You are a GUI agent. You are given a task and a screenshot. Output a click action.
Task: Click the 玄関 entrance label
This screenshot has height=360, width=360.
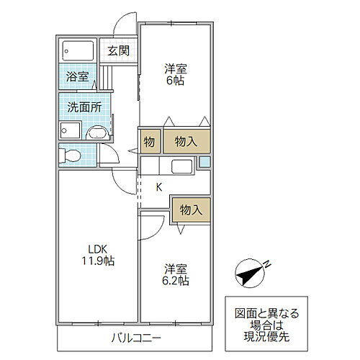pos(118,50)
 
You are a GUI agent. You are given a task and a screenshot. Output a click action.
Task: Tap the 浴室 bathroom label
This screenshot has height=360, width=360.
pos(77,76)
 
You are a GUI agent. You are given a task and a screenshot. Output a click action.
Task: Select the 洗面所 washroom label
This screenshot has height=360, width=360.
pos(84,107)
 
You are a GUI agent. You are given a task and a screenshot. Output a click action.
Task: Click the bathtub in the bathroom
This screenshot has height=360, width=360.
pos(78,51)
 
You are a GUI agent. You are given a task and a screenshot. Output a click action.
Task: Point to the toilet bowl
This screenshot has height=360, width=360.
pos(70,156)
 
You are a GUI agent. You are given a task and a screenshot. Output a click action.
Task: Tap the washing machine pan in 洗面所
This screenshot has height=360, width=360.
pos(70,130)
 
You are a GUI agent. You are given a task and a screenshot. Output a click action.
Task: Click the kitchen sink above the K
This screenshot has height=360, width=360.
pos(181,166)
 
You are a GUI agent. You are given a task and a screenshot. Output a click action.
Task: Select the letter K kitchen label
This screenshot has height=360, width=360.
pos(158,187)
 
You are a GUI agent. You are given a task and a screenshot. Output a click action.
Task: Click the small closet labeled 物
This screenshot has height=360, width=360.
pos(150,142)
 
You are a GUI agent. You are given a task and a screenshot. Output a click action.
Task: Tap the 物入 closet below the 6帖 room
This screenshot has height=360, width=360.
pos(186,141)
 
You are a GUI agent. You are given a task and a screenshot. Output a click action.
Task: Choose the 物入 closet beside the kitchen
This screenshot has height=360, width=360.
pos(191,210)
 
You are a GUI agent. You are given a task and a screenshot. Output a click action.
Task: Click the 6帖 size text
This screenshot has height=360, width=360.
pos(176,81)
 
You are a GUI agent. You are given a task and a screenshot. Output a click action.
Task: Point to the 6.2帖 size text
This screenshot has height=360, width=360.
pos(176,281)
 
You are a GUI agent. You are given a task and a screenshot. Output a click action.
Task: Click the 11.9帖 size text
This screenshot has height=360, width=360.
pos(98,261)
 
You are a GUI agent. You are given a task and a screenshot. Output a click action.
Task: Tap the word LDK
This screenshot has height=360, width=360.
pos(97,250)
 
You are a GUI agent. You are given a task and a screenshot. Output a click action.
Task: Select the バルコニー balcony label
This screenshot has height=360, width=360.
pos(135,338)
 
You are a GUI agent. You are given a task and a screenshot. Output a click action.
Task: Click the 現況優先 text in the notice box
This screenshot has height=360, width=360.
pos(266,336)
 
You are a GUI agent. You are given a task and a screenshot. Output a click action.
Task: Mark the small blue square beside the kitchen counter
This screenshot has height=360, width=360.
pos(204,162)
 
